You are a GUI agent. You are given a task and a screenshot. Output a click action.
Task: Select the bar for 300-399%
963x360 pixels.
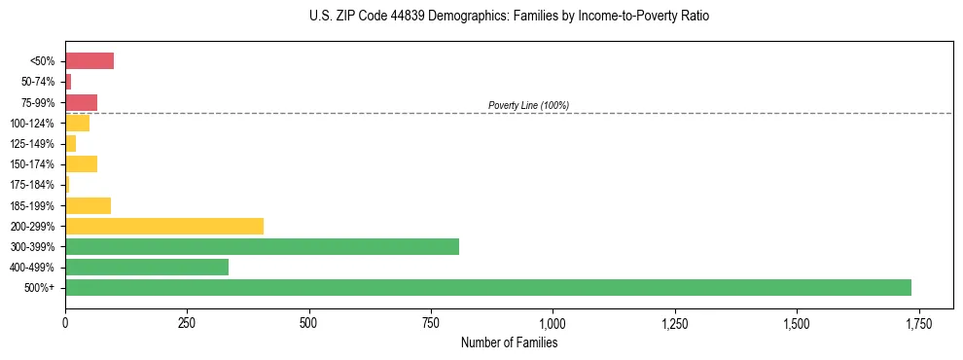[262, 246]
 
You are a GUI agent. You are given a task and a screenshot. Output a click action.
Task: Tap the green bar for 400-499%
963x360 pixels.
[147, 267]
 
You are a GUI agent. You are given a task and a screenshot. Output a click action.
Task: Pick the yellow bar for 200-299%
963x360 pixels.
[164, 226]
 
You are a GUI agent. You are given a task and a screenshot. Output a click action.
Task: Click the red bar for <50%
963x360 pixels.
[89, 61]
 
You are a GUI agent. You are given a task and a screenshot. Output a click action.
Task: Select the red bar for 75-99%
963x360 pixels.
[81, 102]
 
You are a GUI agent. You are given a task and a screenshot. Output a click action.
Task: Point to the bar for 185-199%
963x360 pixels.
[88, 205]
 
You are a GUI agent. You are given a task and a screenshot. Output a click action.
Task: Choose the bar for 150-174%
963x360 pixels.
[81, 163]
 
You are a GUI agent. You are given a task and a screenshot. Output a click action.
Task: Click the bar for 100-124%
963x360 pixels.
[77, 123]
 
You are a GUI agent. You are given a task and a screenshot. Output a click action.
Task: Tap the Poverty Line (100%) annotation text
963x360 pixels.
[528, 105]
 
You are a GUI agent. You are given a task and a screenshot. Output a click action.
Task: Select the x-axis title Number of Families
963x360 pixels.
[509, 342]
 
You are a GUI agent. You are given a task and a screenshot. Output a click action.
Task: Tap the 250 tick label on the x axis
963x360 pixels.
[187, 323]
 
